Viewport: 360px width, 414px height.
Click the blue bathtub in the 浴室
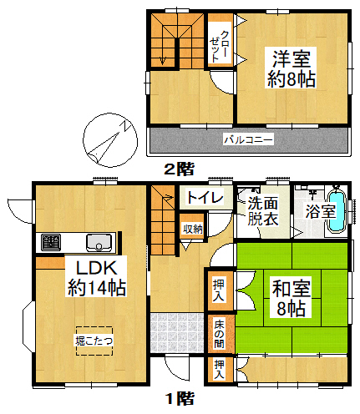(337, 210)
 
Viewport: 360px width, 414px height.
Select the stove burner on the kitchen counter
(51, 242)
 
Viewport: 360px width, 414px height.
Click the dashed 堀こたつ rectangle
(94, 341)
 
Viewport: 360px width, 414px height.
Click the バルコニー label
(249, 139)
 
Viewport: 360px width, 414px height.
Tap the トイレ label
(205, 197)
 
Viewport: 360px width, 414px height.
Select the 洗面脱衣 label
(263, 211)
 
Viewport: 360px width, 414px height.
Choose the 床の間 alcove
(220, 334)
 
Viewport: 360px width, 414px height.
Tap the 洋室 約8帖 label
(292, 68)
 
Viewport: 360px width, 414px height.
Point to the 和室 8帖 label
(292, 298)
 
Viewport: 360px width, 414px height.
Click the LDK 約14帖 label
(96, 278)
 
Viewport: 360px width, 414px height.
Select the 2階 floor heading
(179, 169)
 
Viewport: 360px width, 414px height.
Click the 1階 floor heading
(180, 399)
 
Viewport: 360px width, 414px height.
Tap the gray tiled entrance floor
(177, 332)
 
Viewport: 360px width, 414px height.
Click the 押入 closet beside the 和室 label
(220, 290)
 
